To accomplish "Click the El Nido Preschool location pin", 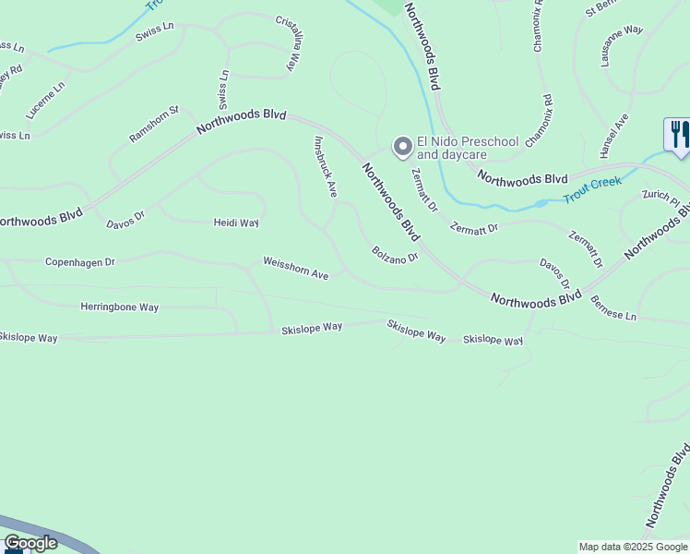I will click(402, 147).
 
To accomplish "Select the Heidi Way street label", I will click(236, 223).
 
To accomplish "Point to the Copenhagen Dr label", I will click(80, 262).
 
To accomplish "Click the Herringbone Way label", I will click(119, 307).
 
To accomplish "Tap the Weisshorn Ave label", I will click(295, 268).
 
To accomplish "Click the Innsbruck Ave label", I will click(326, 167).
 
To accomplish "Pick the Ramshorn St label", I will click(154, 124).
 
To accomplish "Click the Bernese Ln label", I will click(613, 308).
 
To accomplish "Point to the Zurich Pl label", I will click(660, 197).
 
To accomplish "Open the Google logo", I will click(31, 543).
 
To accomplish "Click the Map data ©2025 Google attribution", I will click(633, 547).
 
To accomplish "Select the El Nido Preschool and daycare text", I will click(468, 148).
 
